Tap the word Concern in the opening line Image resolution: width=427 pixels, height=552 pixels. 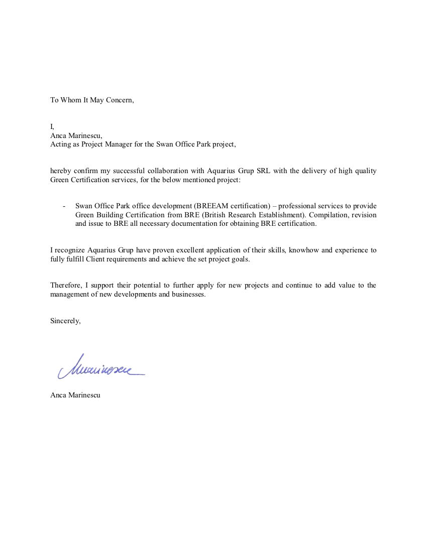pyautogui.click(x=120, y=100)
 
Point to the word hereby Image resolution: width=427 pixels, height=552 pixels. pyautogui.click(x=60, y=171)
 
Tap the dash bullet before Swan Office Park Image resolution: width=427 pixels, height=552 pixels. pyautogui.click(x=64, y=206)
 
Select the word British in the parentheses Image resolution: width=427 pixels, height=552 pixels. pyautogui.click(x=216, y=215)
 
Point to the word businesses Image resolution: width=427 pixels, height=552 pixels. pyautogui.click(x=188, y=295)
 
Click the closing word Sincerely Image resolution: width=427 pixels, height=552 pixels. pyautogui.click(x=65, y=321)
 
